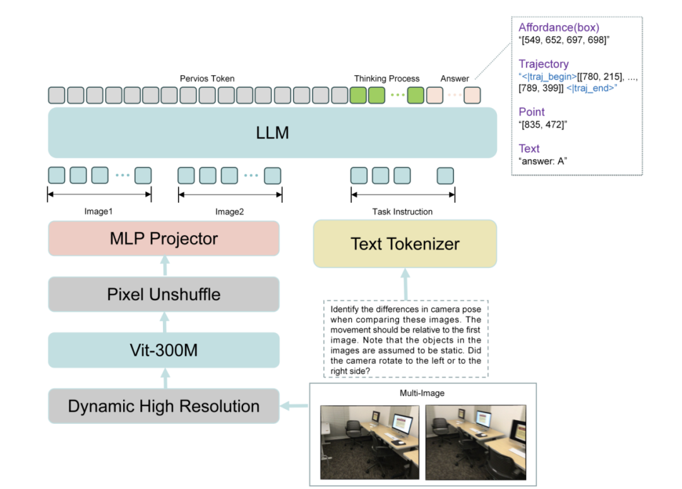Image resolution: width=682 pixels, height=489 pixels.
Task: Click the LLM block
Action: (272, 133)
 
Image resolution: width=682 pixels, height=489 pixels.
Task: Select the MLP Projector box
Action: (164, 238)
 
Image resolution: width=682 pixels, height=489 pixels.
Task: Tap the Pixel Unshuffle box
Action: (164, 294)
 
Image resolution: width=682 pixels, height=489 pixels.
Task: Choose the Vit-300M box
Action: (164, 349)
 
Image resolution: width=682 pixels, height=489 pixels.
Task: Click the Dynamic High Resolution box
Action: (164, 406)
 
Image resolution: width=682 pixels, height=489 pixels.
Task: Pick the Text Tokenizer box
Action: (405, 244)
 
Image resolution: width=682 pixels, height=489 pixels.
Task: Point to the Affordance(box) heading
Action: (558, 27)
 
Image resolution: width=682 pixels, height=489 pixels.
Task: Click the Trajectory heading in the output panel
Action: (543, 64)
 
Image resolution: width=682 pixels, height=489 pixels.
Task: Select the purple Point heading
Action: (531, 112)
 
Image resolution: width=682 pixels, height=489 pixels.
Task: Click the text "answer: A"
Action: (542, 161)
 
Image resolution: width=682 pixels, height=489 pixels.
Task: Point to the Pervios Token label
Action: (207, 79)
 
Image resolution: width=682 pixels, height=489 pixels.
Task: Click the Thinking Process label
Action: (386, 79)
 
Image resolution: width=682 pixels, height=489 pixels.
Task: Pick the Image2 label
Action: (229, 212)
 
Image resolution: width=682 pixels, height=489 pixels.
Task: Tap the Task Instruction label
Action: (402, 212)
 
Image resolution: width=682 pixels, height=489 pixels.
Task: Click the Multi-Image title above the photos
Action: (422, 393)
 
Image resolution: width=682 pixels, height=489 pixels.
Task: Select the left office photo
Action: (369, 442)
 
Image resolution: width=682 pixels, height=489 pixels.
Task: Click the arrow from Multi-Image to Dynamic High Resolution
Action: (294, 406)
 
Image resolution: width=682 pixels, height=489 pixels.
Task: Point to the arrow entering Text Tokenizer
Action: (405, 283)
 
